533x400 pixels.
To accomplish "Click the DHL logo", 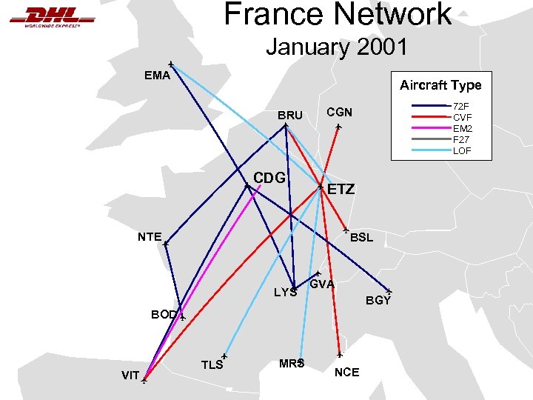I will click(x=52, y=16).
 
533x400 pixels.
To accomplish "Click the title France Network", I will click(x=338, y=13).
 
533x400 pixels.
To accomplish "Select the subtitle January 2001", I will click(x=337, y=47).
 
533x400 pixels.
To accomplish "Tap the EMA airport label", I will click(x=157, y=75).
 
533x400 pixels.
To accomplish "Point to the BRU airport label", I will click(x=290, y=116).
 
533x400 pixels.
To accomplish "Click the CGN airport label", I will click(x=339, y=112).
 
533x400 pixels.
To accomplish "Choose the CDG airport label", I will click(x=269, y=179).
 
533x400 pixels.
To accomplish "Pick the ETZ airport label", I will click(x=341, y=190).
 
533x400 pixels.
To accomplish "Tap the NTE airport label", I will click(x=150, y=237).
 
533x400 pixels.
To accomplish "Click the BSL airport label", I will click(x=362, y=238).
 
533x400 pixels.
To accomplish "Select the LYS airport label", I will click(x=286, y=292).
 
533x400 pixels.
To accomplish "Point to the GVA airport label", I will click(x=323, y=284).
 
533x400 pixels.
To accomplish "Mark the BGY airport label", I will click(x=378, y=301).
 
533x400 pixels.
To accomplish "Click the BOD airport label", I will click(x=164, y=314).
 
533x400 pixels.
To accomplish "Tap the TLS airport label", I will click(x=212, y=364).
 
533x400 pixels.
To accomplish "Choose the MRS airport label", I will click(x=292, y=363).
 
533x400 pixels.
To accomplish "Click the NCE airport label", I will click(x=346, y=372).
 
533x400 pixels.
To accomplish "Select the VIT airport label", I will click(x=130, y=376).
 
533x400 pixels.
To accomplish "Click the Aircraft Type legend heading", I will click(x=440, y=85).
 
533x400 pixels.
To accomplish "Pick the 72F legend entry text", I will click(x=461, y=107).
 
